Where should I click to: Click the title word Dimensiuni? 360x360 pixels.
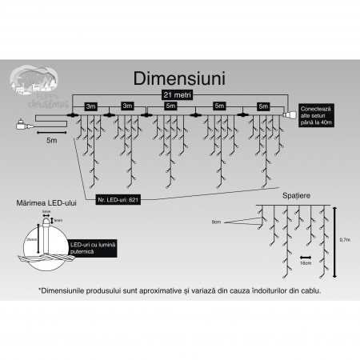point(180,82)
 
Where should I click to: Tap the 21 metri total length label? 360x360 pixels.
point(179,95)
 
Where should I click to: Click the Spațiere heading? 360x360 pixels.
point(298,194)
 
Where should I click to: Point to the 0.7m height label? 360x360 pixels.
point(345,238)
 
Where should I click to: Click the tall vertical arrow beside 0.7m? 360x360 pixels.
point(336,238)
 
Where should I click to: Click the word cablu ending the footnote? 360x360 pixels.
point(312,291)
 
